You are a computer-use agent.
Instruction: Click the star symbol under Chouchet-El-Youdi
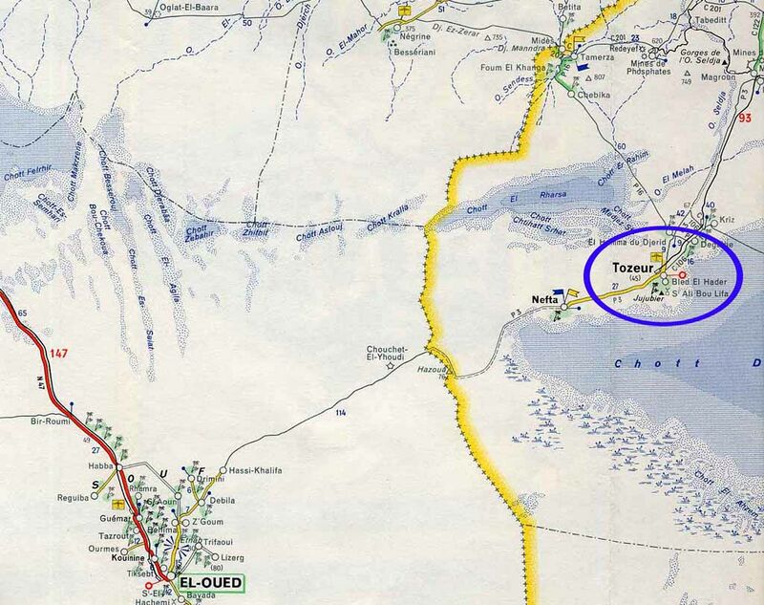(x=390, y=364)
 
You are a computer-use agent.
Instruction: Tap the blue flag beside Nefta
(x=573, y=294)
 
